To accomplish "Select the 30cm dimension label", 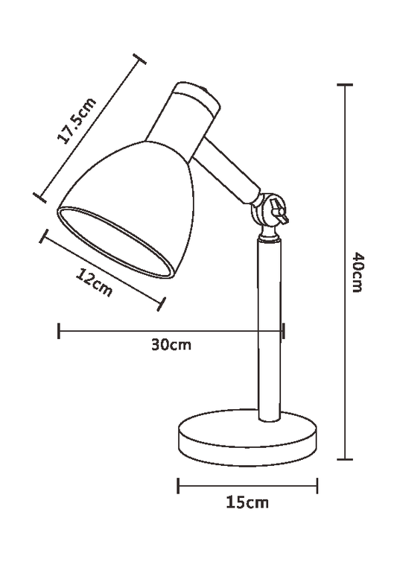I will click(x=171, y=344).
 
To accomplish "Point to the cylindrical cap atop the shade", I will click(x=193, y=111).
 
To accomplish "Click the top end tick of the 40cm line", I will click(x=344, y=86).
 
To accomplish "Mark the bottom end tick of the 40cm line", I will click(x=344, y=459).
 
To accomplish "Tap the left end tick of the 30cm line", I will click(x=59, y=330).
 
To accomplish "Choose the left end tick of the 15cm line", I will click(x=178, y=486).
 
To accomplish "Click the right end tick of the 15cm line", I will click(x=317, y=486).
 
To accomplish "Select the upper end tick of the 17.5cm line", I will click(x=136, y=59).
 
